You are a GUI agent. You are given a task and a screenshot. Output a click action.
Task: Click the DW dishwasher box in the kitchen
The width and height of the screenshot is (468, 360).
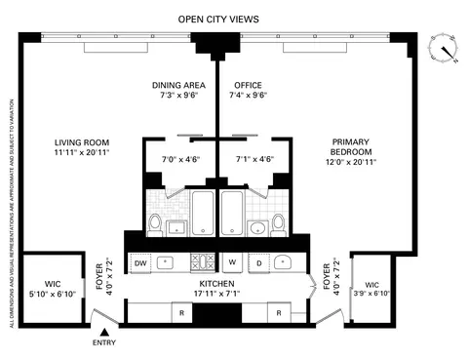[x=139, y=262]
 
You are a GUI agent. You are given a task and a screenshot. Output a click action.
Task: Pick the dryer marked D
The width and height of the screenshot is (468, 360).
[x=258, y=262]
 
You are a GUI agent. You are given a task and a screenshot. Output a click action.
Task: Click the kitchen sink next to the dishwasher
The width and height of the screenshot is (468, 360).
[x=168, y=262]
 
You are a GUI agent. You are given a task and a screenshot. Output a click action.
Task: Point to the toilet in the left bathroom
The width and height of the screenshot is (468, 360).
[x=156, y=224]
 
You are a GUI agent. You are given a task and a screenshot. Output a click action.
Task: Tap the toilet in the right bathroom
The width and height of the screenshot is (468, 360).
[x=280, y=224]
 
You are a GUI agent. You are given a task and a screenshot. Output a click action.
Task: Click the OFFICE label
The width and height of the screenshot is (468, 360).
[x=248, y=84]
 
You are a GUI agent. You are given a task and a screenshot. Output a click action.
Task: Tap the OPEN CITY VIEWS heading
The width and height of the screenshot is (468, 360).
[x=217, y=18]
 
